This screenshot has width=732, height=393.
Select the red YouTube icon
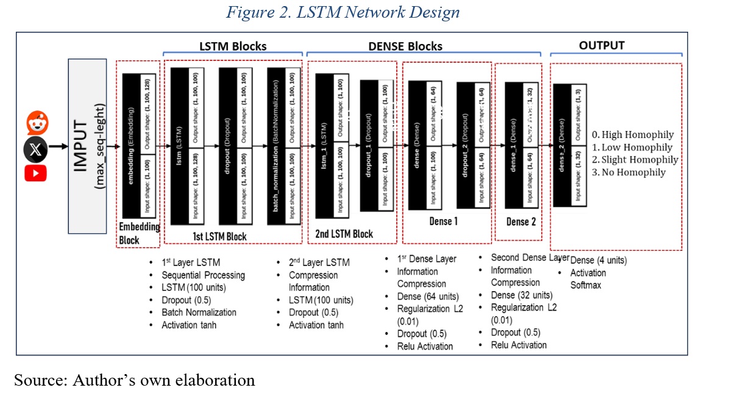[35, 173]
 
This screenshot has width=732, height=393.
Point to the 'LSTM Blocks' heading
[233, 46]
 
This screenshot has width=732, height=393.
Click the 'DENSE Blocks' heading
[405, 46]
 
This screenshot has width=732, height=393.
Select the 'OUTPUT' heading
[602, 45]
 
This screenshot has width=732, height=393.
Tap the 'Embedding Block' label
[139, 233]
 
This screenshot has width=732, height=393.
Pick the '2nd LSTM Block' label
[344, 234]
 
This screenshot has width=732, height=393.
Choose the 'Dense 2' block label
[521, 222]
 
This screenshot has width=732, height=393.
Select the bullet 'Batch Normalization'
[199, 312]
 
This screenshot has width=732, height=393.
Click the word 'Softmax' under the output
[586, 284]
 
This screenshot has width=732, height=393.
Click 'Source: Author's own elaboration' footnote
[135, 380]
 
